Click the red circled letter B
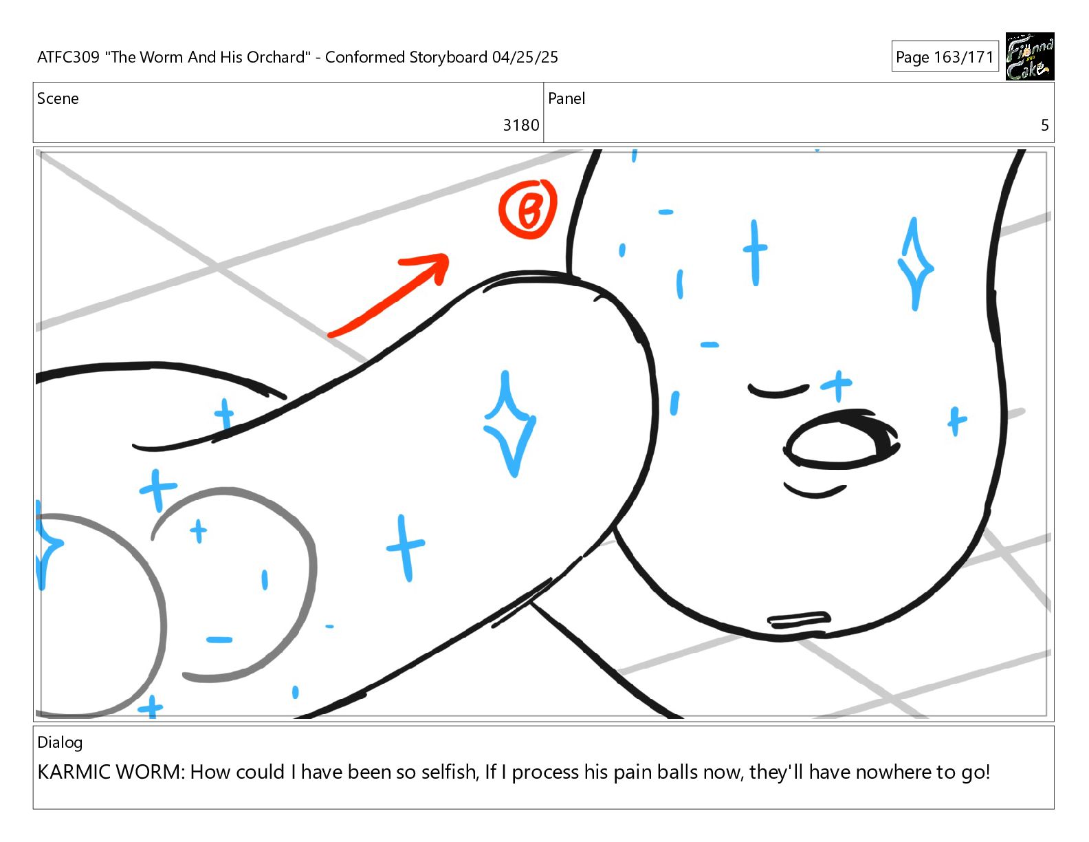(528, 208)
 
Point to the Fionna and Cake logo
(1029, 56)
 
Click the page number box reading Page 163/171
(945, 56)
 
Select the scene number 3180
(520, 125)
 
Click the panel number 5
(1044, 125)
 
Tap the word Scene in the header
(58, 98)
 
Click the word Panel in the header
(566, 98)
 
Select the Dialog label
(60, 743)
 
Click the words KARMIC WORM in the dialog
(109, 773)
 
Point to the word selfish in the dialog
(449, 773)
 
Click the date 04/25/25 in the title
(525, 57)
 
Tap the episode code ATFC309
(69, 57)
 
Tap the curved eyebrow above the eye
(778, 391)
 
